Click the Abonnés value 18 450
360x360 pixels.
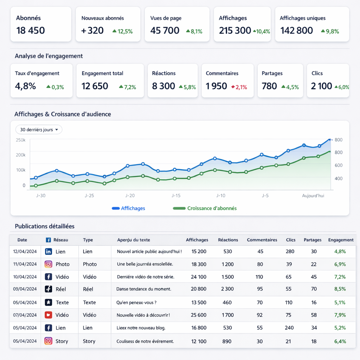[x=31, y=31]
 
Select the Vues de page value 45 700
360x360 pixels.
[x=165, y=31]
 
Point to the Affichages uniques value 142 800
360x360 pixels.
[x=297, y=31]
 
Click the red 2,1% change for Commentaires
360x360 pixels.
[x=239, y=87]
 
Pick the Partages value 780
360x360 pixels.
[x=269, y=86]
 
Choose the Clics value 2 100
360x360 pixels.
[x=322, y=86]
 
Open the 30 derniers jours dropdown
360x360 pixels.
[x=39, y=130]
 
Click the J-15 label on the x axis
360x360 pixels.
[x=176, y=195]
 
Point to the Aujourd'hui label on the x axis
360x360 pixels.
[x=313, y=195]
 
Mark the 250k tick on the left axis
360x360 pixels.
[x=20, y=140]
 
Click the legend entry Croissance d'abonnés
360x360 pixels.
[x=205, y=208]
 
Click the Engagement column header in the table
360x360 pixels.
[x=341, y=240]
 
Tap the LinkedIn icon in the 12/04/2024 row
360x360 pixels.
[x=49, y=252]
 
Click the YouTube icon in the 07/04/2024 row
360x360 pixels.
[x=49, y=315]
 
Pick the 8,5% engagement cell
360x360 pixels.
[x=340, y=289]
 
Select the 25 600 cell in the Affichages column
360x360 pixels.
[x=199, y=315]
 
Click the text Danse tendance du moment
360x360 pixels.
[x=144, y=289]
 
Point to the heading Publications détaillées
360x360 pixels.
[x=45, y=226]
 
